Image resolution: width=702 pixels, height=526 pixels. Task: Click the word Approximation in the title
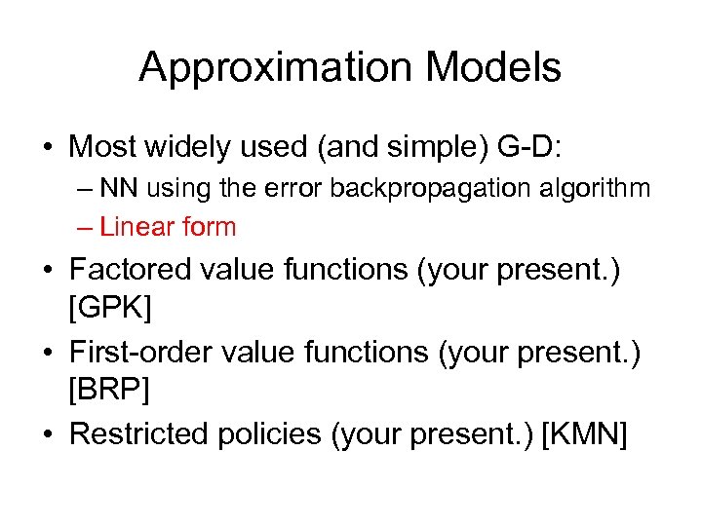coord(274,68)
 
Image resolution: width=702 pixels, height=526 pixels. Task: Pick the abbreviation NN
coord(119,188)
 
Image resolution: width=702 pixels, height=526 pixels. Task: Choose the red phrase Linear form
coord(168,227)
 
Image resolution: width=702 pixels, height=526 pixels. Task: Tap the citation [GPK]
coord(110,309)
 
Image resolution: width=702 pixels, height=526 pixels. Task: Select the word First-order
coord(136,352)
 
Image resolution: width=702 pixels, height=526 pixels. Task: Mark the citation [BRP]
coord(109,392)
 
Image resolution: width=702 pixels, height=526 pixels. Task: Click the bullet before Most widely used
coord(47,148)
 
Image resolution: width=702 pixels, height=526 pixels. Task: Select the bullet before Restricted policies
coord(47,434)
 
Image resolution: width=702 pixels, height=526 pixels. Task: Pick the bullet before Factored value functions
coord(47,269)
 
